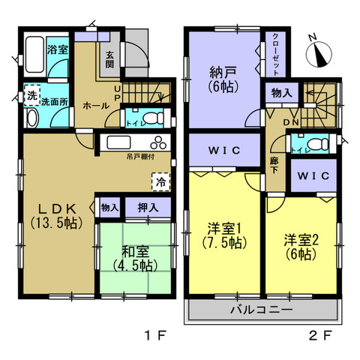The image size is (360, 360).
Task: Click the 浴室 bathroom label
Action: [x=58, y=49]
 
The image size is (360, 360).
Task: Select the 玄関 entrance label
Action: [x=110, y=58]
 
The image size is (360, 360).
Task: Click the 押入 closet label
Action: [x=148, y=206]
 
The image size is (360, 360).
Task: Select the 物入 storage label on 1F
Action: [x=109, y=206]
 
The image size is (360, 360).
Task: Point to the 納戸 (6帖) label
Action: [x=222, y=80]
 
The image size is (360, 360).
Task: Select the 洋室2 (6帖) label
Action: [x=300, y=247]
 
